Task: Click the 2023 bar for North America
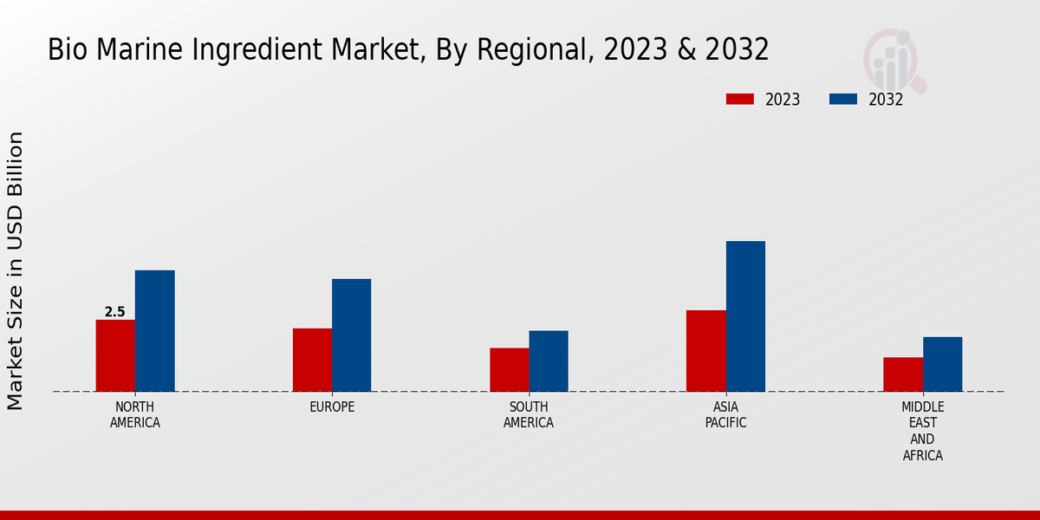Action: pyautogui.click(x=115, y=355)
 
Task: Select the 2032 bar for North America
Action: pyautogui.click(x=154, y=330)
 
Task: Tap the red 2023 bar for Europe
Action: pyautogui.click(x=312, y=360)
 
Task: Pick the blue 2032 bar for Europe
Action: pyautogui.click(x=351, y=335)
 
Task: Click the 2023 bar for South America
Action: pyautogui.click(x=509, y=369)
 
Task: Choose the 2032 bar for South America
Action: pyautogui.click(x=549, y=361)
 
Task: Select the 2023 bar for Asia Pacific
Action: pyautogui.click(x=705, y=350)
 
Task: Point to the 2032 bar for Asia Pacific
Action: pyautogui.click(x=745, y=315)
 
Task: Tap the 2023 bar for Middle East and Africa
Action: pyautogui.click(x=903, y=374)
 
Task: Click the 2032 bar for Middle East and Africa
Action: pyautogui.click(x=942, y=364)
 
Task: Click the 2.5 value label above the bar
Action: pyautogui.click(x=114, y=312)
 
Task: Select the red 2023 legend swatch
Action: pyautogui.click(x=739, y=99)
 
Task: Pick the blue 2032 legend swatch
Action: pyautogui.click(x=842, y=99)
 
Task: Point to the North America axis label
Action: pyautogui.click(x=135, y=415)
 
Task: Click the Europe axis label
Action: pyautogui.click(x=332, y=407)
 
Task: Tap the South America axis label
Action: pyautogui.click(x=529, y=415)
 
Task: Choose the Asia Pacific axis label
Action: pyautogui.click(x=725, y=415)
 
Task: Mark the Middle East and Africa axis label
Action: pyautogui.click(x=922, y=431)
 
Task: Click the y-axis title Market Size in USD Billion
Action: pyautogui.click(x=16, y=270)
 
